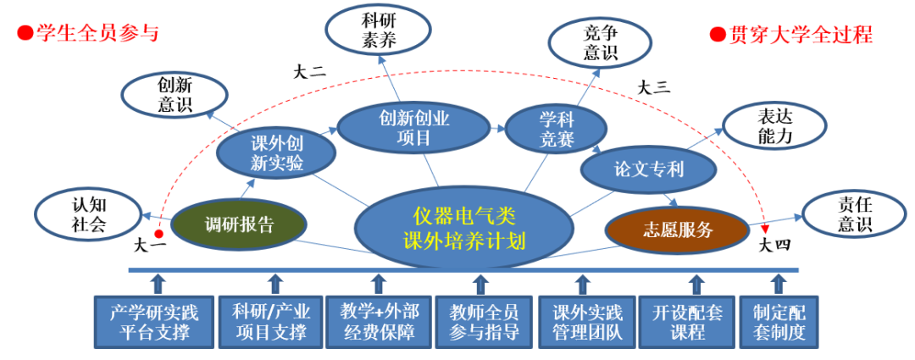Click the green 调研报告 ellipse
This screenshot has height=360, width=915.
239,224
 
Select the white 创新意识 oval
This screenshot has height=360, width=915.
175,95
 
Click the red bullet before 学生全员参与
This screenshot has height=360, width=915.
25,34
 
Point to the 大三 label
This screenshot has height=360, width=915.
653,86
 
